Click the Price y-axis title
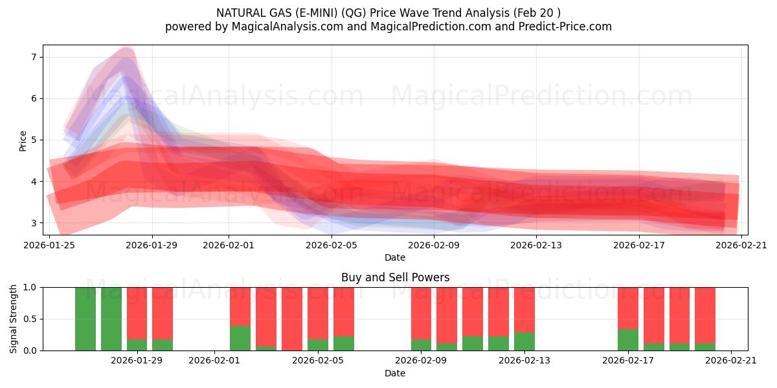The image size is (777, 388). click(23, 140)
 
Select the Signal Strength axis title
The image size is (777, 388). click(14, 319)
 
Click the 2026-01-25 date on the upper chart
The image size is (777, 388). click(49, 245)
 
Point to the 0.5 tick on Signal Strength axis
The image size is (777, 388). click(30, 319)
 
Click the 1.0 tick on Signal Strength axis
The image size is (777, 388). click(30, 287)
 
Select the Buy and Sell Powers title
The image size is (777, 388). click(395, 277)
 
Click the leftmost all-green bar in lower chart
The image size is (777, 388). click(85, 319)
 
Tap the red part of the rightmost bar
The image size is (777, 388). click(705, 314)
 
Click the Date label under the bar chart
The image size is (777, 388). click(395, 373)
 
